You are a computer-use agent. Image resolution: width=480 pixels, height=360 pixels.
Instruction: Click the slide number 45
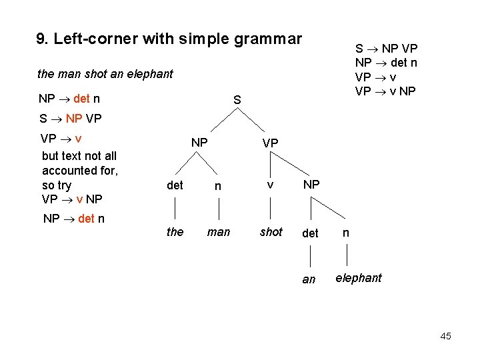[445, 336]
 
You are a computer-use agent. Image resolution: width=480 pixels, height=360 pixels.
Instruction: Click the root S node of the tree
[237, 100]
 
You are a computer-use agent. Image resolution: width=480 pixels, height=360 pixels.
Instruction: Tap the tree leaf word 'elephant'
[359, 278]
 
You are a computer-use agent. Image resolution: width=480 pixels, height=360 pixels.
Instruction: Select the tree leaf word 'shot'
[271, 232]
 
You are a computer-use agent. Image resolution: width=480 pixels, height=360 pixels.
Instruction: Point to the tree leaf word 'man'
[219, 232]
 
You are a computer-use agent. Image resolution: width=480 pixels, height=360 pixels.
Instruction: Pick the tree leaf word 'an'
[309, 279]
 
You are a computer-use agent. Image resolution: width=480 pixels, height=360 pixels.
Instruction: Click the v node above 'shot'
[270, 184]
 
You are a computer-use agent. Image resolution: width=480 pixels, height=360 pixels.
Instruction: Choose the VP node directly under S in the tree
[270, 143]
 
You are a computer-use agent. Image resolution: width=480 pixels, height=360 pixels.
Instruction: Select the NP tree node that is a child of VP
[311, 184]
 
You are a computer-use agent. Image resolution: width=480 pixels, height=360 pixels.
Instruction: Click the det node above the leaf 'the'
[175, 185]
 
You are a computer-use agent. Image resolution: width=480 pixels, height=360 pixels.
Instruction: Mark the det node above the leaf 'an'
[310, 233]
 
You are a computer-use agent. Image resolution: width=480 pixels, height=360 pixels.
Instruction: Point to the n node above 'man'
[218, 187]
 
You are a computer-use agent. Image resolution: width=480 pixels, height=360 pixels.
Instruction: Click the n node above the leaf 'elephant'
[345, 233]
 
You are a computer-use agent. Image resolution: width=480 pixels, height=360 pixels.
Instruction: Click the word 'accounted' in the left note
[69, 171]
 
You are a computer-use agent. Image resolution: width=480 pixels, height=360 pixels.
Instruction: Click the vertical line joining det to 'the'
[175, 209]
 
